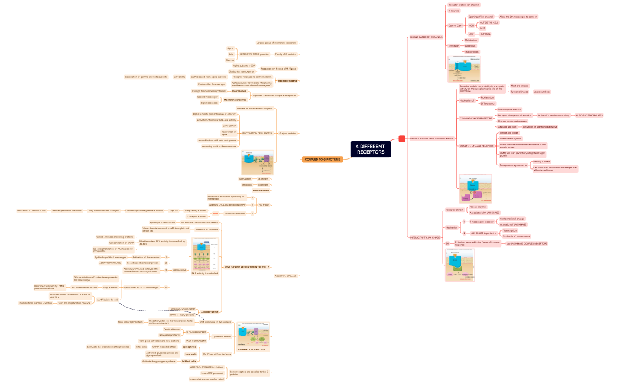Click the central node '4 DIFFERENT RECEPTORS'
click(370, 149)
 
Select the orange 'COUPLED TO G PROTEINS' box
click(323, 160)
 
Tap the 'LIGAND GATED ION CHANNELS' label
click(426, 37)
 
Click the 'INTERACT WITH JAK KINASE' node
click(425, 237)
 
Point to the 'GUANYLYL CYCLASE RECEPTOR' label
click(476, 145)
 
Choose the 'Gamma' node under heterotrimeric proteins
click(230, 60)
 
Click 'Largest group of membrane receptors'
click(276, 43)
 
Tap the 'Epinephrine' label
click(189, 347)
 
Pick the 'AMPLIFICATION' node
click(210, 312)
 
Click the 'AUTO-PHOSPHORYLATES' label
click(589, 115)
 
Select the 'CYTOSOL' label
click(485, 34)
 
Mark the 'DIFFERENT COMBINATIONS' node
click(31, 210)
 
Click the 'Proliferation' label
click(470, 97)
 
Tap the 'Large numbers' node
click(541, 92)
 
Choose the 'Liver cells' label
click(190, 354)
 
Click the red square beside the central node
click(402, 139)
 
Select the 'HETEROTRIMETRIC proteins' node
click(254, 54)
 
